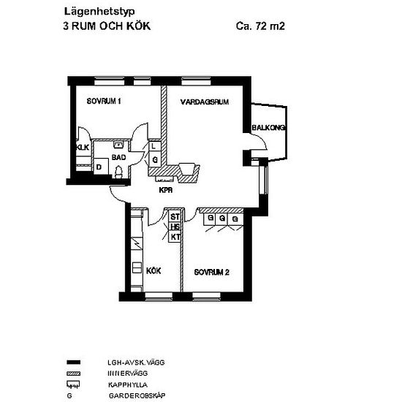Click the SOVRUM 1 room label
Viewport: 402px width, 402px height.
click(104, 102)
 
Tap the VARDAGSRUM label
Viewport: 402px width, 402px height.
click(205, 102)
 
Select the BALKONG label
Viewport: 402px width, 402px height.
click(268, 127)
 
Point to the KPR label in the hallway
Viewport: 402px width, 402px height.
click(166, 190)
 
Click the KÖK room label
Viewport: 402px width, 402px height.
click(153, 270)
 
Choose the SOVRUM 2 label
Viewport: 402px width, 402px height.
click(211, 273)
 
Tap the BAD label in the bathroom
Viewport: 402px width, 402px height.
click(118, 157)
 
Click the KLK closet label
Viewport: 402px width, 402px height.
click(83, 148)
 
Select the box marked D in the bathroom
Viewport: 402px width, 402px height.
click(101, 167)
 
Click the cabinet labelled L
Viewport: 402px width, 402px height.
click(155, 146)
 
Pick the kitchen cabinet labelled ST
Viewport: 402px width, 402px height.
click(175, 217)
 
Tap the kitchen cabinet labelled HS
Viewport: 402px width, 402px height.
click(175, 227)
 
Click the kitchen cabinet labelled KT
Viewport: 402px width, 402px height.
click(175, 237)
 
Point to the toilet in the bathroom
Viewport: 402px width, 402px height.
click(118, 172)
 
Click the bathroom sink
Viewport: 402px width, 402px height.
click(118, 145)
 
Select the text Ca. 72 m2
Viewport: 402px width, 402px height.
click(260, 26)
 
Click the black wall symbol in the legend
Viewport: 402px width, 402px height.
click(73, 363)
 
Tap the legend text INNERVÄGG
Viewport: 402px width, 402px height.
click(127, 373)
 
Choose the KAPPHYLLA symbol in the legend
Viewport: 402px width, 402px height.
click(73, 384)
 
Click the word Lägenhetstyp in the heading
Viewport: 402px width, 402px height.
click(99, 12)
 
